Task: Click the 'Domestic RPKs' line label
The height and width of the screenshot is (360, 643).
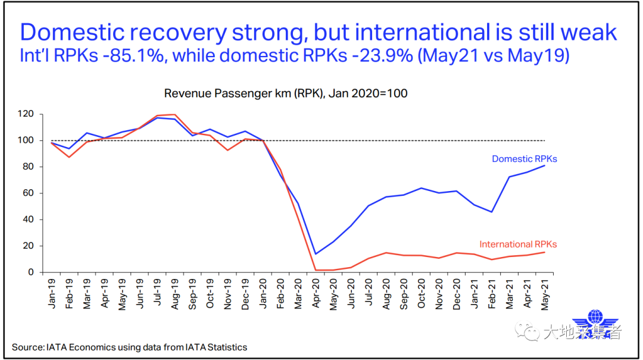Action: tap(524, 159)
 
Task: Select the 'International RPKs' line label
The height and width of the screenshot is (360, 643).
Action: tap(518, 244)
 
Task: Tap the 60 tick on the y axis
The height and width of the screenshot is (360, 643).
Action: tap(35, 193)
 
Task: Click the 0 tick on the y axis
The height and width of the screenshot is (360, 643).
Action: tap(37, 273)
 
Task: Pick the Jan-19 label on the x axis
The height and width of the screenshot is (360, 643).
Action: tap(53, 291)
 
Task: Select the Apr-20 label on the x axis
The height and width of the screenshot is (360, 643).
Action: tap(316, 291)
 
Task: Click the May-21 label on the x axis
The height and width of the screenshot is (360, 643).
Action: tap(544, 291)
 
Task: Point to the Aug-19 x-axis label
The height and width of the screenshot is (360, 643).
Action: tap(176, 291)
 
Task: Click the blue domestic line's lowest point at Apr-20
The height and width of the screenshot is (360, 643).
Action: tap(315, 254)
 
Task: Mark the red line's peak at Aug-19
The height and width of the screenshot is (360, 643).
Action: tap(174, 114)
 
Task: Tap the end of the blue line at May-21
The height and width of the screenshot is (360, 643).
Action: tap(544, 165)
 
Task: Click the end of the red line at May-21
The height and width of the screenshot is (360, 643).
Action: tap(544, 252)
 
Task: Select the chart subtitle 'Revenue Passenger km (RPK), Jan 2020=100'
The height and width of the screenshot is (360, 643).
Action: tap(286, 93)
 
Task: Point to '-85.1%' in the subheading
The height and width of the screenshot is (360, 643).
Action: tap(127, 57)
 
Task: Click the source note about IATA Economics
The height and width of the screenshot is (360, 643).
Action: tap(129, 347)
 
